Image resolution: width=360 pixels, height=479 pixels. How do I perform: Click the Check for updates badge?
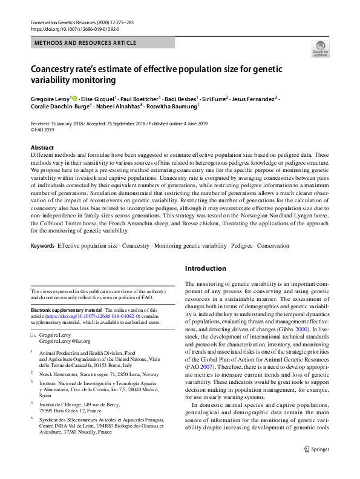(x=320, y=49)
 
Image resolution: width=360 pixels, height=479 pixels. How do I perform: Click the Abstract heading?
(x=42, y=148)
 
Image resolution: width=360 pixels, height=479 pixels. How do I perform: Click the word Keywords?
(x=42, y=246)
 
